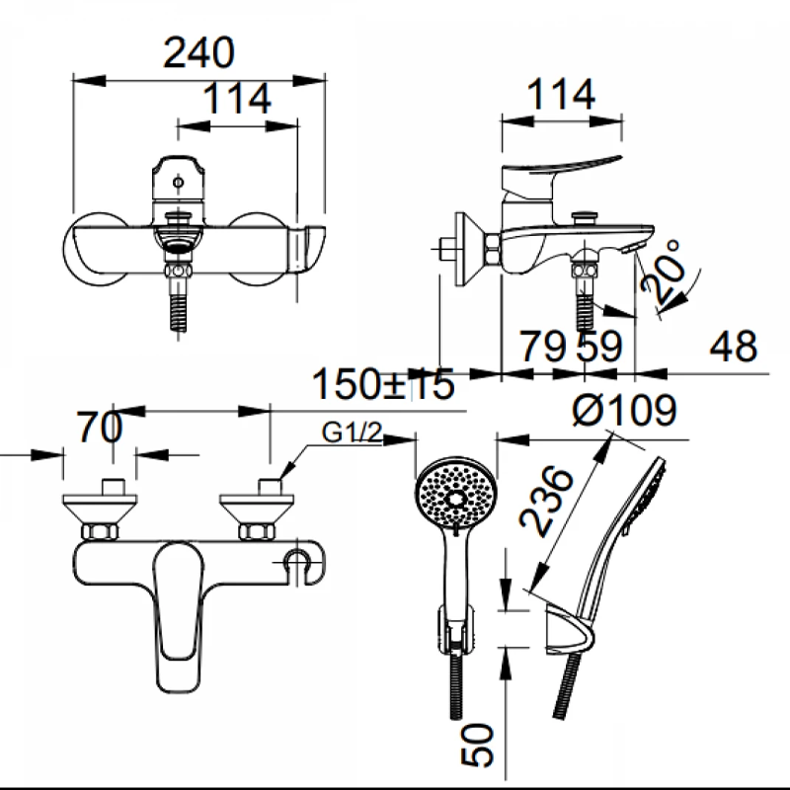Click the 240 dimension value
click(199, 52)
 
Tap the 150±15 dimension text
click(383, 384)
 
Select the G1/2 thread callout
click(352, 433)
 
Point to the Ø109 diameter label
click(624, 409)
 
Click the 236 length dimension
click(547, 501)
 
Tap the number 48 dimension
click(733, 347)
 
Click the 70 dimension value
click(100, 428)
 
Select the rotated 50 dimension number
click(477, 746)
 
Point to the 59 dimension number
click(599, 347)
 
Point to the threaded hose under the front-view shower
click(456, 684)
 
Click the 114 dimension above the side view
click(561, 94)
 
